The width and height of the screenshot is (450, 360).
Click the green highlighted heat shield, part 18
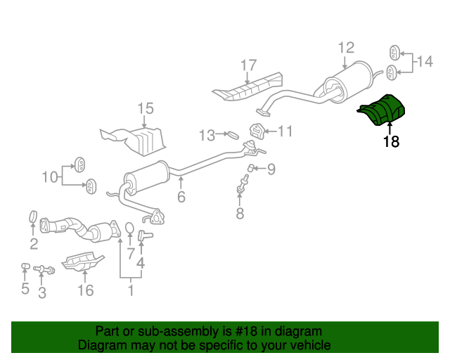coord(382,110)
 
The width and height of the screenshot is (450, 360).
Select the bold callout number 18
coord(391,141)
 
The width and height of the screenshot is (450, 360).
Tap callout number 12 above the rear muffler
coord(346,48)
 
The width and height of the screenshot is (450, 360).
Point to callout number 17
coord(248,65)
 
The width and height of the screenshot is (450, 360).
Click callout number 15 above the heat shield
coord(146,109)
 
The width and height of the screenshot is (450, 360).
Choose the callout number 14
coord(425,62)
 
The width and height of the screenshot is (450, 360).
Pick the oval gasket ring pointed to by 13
coord(233,135)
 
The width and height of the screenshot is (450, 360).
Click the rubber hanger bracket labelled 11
coord(256,131)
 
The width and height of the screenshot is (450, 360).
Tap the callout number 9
coord(271,169)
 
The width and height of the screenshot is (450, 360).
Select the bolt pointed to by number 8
coord(242,184)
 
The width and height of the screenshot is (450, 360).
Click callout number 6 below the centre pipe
coord(181,197)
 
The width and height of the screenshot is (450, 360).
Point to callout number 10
coord(50,177)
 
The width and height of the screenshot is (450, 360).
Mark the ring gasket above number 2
coord(34,217)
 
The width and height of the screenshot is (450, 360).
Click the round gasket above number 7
coord(129,228)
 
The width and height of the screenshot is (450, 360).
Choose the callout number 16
coord(86,290)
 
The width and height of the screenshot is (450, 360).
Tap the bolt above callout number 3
coord(44,269)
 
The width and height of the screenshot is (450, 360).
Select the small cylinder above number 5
coord(25,266)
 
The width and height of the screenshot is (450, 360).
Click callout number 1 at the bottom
coord(131,290)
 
